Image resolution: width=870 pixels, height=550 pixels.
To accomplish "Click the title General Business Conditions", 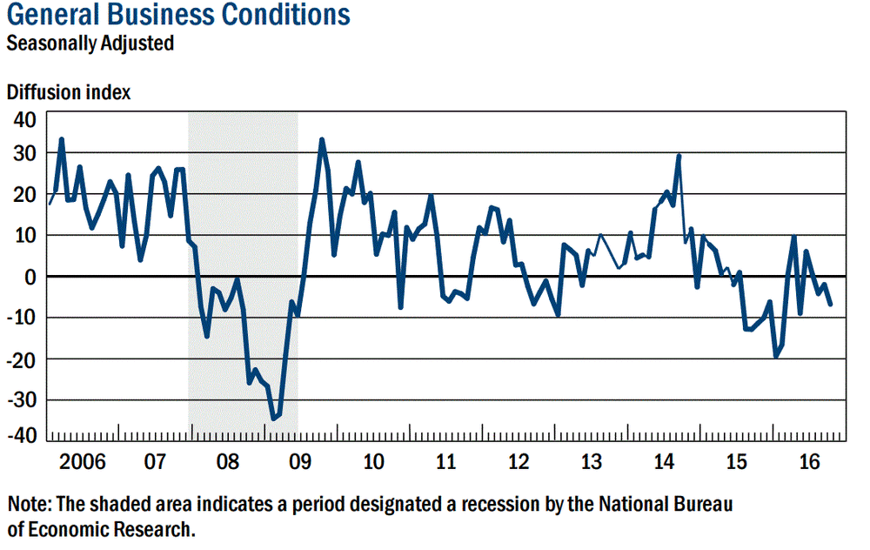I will point(178,16).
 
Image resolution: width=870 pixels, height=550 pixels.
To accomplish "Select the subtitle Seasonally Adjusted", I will point(90,43).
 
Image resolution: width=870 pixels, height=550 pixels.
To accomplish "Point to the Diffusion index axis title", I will point(69,92).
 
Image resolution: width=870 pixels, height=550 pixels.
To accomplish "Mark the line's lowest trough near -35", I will point(273,419).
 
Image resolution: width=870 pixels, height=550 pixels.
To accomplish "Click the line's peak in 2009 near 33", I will point(322,139).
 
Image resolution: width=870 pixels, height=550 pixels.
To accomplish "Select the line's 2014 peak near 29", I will point(679,156).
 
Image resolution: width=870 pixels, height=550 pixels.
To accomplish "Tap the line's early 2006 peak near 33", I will point(61,139).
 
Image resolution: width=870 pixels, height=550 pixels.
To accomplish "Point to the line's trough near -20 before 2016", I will point(775,356).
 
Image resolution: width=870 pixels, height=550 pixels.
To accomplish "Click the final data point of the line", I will point(830,304).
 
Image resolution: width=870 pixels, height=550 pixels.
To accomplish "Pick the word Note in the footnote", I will point(29,504).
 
